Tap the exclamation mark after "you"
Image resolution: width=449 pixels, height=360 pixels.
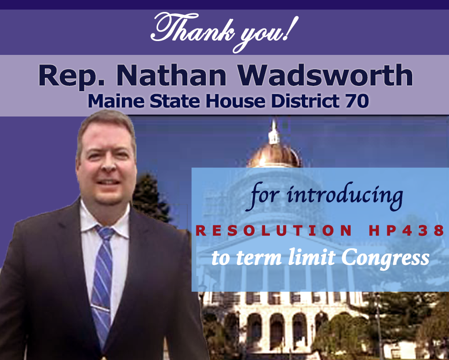[291, 28]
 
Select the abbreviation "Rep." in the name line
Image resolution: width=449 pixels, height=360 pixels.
[72, 76]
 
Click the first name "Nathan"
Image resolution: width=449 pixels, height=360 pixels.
[171, 75]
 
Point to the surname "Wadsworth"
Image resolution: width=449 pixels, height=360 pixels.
[325, 75]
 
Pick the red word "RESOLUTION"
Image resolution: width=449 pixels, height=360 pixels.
[274, 230]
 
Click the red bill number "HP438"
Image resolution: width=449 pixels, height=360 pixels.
[406, 230]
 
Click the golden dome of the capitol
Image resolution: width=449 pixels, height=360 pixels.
[274, 155]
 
